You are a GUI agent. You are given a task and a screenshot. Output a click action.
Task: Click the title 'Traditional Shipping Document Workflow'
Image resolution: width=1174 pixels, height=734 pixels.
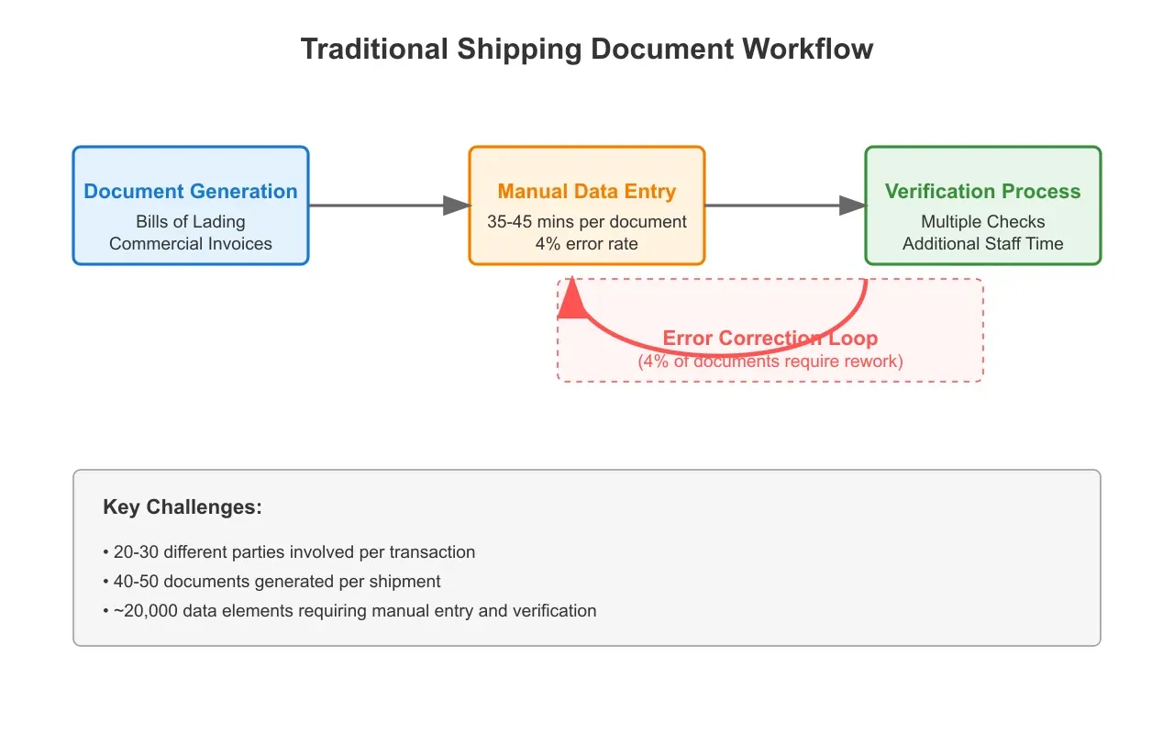click(587, 49)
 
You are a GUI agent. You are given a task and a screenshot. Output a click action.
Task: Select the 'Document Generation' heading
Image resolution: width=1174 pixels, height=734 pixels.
click(191, 191)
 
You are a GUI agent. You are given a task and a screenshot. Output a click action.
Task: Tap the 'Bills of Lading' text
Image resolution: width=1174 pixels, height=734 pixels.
click(191, 222)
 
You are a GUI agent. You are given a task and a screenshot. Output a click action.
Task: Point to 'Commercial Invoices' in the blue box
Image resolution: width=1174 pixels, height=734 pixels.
click(191, 243)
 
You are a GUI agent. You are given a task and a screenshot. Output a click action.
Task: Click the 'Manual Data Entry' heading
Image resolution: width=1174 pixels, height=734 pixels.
click(587, 191)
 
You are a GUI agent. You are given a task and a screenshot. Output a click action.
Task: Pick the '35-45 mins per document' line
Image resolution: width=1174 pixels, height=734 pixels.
click(587, 222)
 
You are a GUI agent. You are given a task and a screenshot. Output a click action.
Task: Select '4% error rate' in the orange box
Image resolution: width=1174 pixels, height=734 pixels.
click(587, 243)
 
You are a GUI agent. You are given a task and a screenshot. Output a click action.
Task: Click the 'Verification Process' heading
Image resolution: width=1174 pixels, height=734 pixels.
click(982, 191)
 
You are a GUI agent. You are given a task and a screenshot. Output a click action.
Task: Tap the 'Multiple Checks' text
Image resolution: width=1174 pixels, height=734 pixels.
click(982, 222)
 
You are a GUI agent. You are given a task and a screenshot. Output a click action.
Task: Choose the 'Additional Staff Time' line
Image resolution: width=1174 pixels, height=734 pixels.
click(982, 243)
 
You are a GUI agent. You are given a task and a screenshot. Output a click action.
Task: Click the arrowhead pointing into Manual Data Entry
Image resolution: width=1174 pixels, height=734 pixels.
click(456, 206)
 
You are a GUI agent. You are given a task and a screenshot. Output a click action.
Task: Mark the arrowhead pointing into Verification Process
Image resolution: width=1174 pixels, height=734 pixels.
click(852, 206)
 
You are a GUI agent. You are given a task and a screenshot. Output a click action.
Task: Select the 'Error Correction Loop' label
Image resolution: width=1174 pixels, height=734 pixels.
click(770, 339)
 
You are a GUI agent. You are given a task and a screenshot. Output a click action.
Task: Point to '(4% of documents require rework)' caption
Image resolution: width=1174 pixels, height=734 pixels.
click(770, 361)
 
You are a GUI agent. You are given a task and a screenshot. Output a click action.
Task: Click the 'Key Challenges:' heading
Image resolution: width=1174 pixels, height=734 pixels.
click(183, 507)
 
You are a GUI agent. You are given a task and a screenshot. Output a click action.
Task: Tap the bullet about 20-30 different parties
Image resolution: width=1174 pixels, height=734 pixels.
click(289, 552)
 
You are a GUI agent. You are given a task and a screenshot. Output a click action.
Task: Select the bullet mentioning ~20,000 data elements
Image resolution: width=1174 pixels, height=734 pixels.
click(349, 610)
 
